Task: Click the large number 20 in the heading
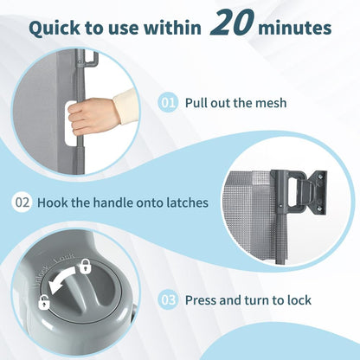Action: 232,22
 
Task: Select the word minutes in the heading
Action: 294,28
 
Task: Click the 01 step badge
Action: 168,103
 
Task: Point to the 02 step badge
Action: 22,202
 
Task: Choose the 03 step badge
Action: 168,300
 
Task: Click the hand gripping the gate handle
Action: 91,116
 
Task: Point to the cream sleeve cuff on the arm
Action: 125,106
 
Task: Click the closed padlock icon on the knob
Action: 85,266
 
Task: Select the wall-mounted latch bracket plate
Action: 318,192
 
